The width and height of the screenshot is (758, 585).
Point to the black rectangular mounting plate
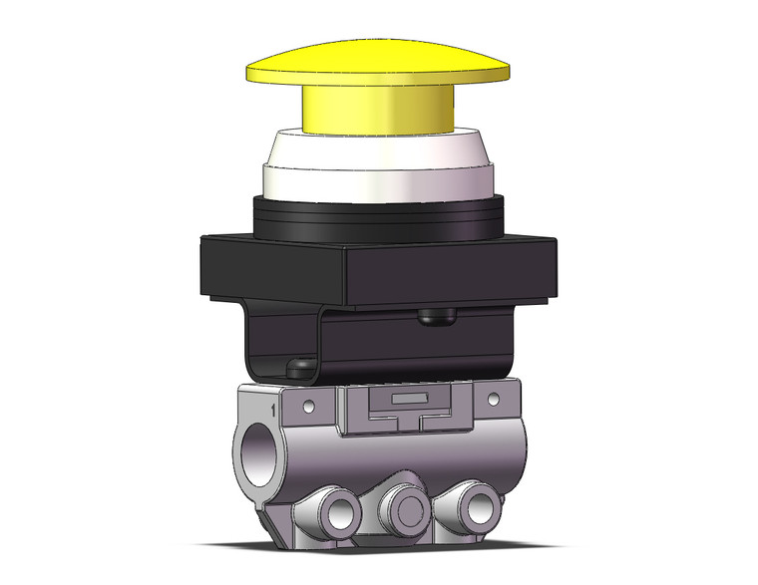pos(379,269)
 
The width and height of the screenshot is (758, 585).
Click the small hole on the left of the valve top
pos(309,406)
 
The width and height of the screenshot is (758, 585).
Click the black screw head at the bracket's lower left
pos(297,368)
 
